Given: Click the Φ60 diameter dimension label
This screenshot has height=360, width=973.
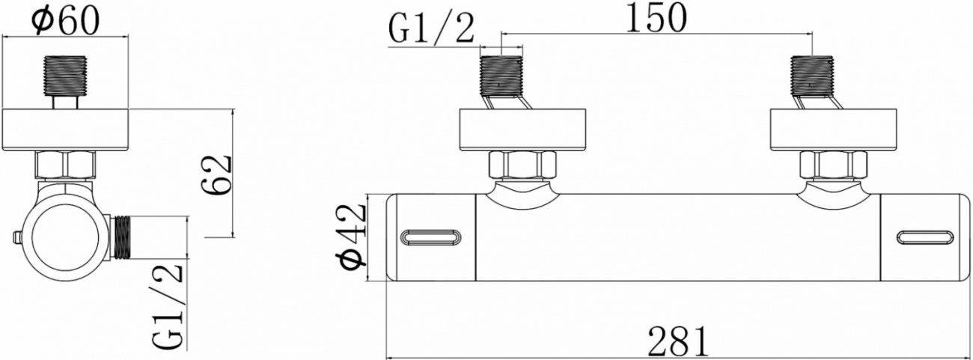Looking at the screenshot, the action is tap(66, 20).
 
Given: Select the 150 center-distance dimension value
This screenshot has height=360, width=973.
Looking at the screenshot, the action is tap(656, 17).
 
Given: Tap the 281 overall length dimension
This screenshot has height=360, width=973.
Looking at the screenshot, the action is tap(678, 341).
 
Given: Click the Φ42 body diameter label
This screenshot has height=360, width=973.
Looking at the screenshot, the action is tap(352, 237).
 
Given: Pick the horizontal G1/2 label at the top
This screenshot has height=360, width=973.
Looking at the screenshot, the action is tap(431, 28).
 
